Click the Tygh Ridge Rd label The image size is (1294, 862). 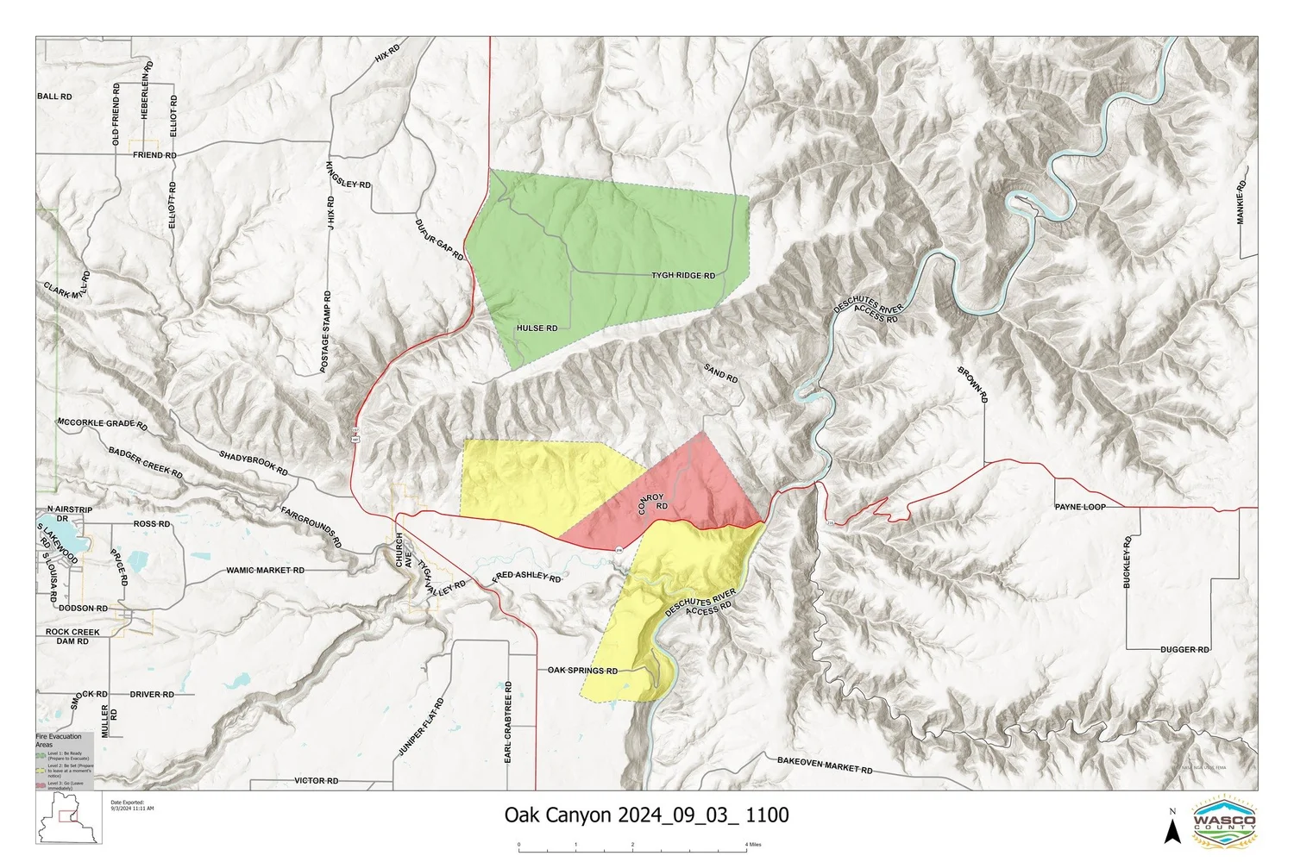pos(682,276)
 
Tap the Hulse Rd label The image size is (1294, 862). pos(537,328)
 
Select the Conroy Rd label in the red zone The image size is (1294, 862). pos(653,503)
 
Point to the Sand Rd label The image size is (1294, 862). pos(720,373)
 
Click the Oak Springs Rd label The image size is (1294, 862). pos(582,671)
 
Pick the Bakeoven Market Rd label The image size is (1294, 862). pos(825,765)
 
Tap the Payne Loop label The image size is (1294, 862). pos(1080,507)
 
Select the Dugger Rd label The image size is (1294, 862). pos(1184,650)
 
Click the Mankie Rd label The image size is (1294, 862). pos(1241,203)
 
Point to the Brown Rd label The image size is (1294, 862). pos(972,384)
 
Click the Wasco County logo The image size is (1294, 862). pos(1224,820)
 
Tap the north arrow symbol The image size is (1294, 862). pos(1172,829)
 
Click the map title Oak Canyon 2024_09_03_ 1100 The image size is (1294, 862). pos(646,815)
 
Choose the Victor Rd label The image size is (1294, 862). pos(316,781)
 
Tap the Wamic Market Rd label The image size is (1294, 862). pos(265,571)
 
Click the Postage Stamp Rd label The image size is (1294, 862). pos(326,332)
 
